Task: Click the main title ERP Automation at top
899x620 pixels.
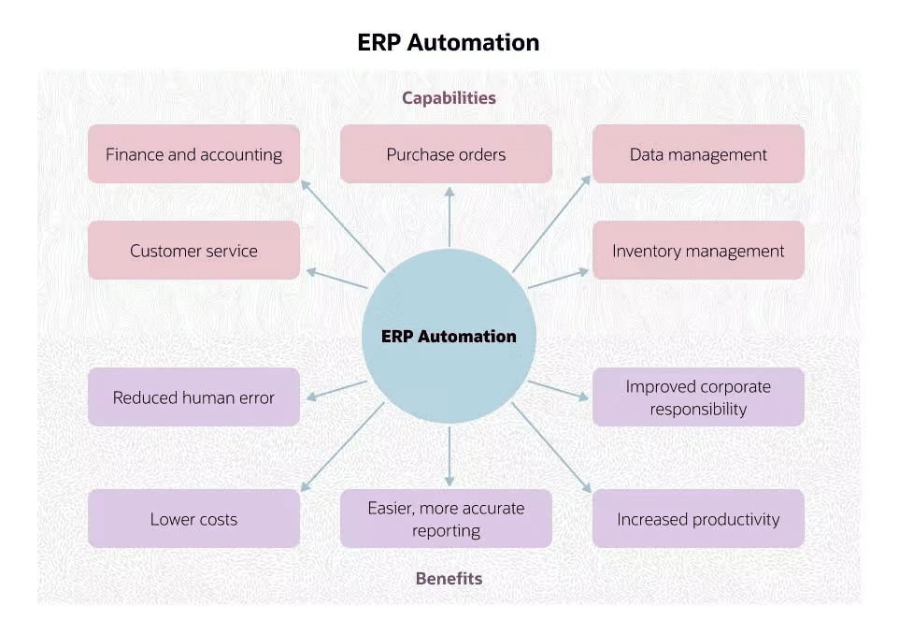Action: [449, 43]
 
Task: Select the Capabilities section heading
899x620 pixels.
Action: [449, 97]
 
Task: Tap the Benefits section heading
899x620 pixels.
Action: [449, 578]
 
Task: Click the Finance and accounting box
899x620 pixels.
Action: [193, 154]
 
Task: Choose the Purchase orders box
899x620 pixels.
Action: [446, 154]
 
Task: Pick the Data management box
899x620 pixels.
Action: [698, 154]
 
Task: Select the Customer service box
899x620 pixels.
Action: [193, 251]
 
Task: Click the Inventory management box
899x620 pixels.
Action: [698, 251]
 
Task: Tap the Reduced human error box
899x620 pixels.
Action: [193, 397]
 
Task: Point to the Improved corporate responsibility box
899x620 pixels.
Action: [698, 397]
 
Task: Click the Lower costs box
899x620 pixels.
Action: [193, 519]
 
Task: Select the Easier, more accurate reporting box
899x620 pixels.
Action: [446, 519]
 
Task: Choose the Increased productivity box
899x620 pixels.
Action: [698, 519]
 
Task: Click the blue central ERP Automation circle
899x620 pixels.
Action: [449, 337]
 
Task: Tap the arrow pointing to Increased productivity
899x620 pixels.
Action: [551, 447]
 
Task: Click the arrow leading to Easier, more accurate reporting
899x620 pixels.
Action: [449, 455]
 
